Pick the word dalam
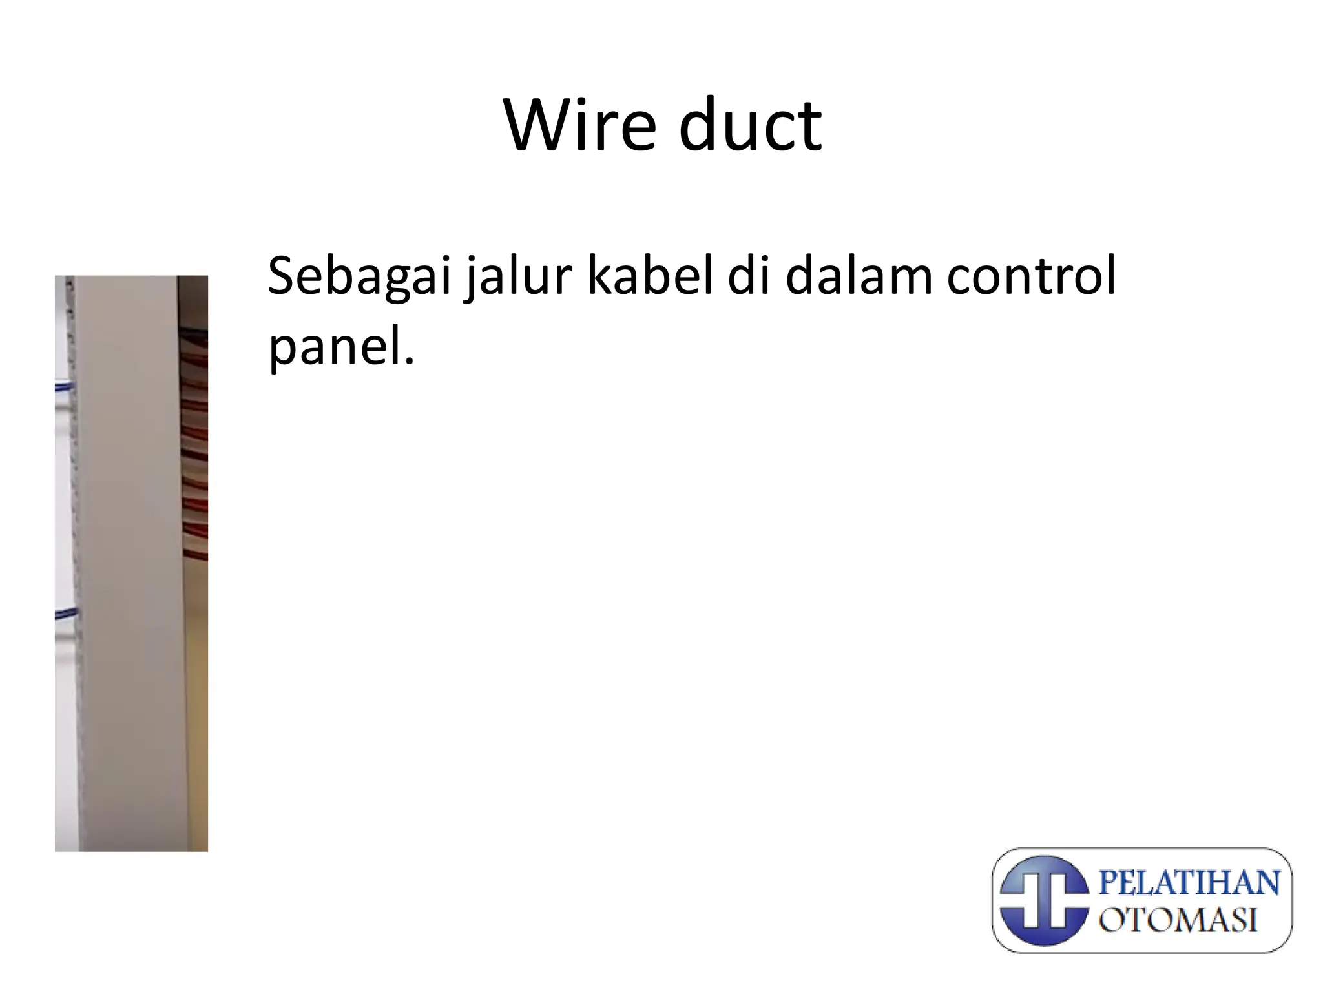pos(859,276)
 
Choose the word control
pos(1031,276)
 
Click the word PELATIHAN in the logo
pos(1189,882)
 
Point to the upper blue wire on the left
pos(65,387)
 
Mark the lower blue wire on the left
pos(65,613)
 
